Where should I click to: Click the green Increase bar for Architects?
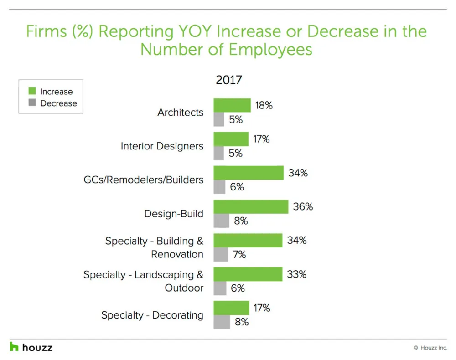tap(232, 105)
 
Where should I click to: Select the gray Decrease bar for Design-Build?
tap(221, 221)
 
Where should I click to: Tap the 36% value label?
tap(303, 207)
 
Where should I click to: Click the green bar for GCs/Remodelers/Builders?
tap(249, 173)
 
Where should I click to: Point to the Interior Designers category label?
tap(162, 146)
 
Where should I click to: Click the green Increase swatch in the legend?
tap(32, 92)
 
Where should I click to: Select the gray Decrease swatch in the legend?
tap(32, 103)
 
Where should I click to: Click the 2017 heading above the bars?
tap(229, 81)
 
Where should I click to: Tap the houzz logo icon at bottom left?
tap(15, 347)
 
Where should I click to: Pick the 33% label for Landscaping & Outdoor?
tap(296, 275)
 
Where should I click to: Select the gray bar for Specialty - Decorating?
tap(222, 322)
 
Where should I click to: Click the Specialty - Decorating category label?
tap(152, 315)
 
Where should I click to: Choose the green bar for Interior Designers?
tap(231, 139)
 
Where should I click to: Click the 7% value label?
tap(239, 255)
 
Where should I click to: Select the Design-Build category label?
tap(174, 214)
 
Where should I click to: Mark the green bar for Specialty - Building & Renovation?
tap(248, 241)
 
